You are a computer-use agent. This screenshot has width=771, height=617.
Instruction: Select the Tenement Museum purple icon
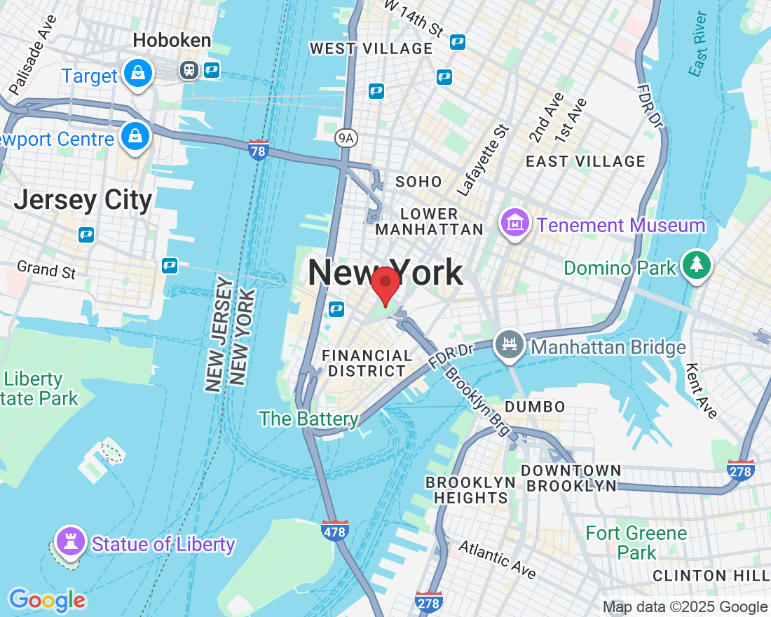[x=516, y=224]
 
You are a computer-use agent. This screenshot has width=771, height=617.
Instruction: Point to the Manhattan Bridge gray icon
[x=510, y=346]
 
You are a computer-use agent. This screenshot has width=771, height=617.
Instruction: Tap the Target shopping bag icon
[x=137, y=74]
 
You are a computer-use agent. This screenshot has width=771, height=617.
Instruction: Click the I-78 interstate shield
[x=259, y=149]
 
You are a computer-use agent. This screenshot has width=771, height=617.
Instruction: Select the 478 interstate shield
[x=335, y=531]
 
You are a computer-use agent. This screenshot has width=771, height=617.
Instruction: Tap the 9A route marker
[x=346, y=138]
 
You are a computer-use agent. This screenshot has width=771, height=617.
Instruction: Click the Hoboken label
[x=172, y=41]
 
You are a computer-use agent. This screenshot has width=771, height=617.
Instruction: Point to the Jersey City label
[x=83, y=200]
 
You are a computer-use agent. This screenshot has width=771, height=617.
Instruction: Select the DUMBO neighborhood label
[x=535, y=407]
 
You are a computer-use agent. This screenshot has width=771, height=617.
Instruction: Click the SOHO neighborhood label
[x=418, y=182]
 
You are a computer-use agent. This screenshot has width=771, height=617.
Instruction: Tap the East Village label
[x=585, y=161]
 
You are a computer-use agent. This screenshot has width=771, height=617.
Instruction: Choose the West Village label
[x=371, y=48]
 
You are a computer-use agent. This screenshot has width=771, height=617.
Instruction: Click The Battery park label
[x=308, y=419]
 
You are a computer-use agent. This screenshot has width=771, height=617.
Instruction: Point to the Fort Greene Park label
[x=636, y=542]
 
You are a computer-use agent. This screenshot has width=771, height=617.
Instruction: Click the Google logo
[x=47, y=600]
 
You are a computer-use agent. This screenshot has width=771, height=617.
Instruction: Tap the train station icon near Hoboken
[x=189, y=69]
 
